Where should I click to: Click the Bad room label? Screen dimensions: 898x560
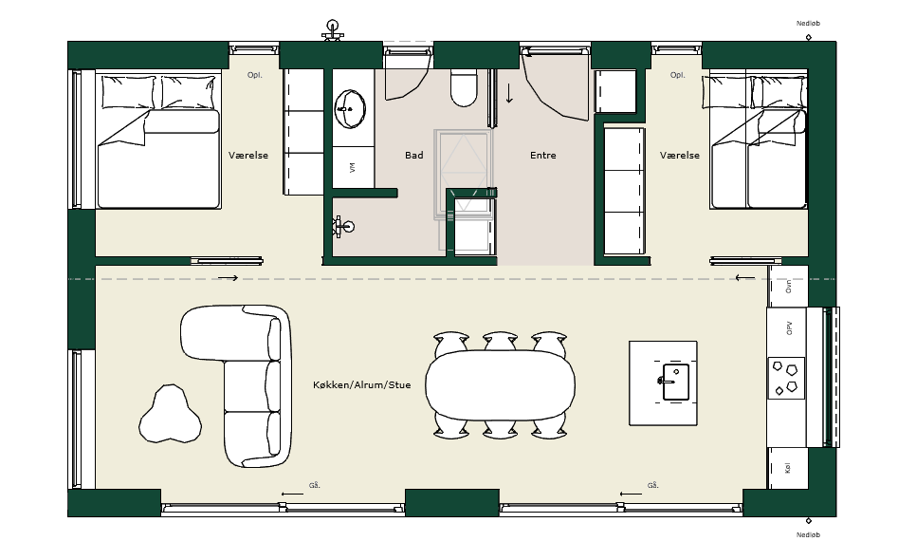point(414,156)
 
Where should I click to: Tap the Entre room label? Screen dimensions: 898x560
point(543,156)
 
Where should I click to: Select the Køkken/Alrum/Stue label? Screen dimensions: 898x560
point(362,384)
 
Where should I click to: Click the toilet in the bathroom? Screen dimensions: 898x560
point(464,87)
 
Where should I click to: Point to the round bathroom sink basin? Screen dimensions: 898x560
point(350,108)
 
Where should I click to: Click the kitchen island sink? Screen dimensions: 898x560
point(675,382)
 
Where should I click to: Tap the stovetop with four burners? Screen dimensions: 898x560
point(786,378)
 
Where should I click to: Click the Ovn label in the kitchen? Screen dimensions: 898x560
point(789,287)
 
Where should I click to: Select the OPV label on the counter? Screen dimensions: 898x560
point(789,328)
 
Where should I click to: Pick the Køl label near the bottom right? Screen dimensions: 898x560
point(788,468)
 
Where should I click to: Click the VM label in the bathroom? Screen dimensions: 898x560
point(352,167)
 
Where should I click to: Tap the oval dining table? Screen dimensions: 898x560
point(500,385)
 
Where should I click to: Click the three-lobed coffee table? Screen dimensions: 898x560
point(170,414)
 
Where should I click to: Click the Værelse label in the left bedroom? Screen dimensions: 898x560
point(248,156)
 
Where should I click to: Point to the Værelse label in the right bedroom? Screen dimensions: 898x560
point(679,156)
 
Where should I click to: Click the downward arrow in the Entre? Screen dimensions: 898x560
point(508,93)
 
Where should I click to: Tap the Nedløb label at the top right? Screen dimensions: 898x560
point(808,24)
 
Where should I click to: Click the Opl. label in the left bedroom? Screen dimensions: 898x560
point(255,75)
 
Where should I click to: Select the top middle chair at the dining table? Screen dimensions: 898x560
point(501,341)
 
